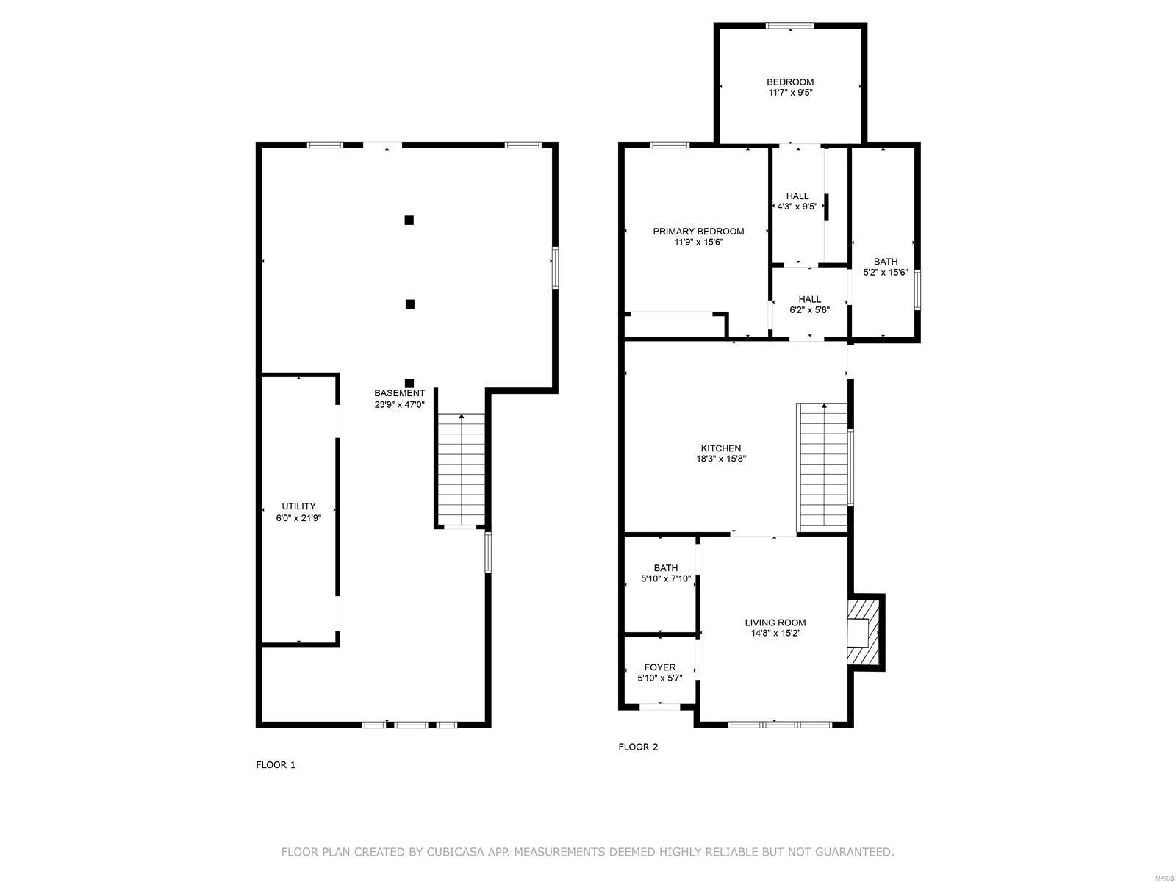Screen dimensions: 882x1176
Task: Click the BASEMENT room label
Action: pyautogui.click(x=399, y=393)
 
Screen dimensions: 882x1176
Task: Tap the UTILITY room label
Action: pyautogui.click(x=298, y=506)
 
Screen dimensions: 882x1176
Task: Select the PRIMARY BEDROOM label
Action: pyautogui.click(x=698, y=232)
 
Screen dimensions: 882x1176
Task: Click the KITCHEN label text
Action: pyautogui.click(x=720, y=448)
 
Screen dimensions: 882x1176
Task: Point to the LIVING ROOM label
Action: pyautogui.click(x=775, y=623)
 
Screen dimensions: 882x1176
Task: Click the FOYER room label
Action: pyautogui.click(x=659, y=667)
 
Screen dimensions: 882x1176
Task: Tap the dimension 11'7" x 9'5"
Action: pyautogui.click(x=790, y=93)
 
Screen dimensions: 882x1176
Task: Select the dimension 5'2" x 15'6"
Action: pyautogui.click(x=885, y=273)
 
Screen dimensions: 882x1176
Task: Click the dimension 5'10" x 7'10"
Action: pyautogui.click(x=665, y=579)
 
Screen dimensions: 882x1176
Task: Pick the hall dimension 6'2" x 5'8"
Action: pyautogui.click(x=809, y=310)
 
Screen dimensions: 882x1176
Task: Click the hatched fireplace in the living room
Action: pyautogui.click(x=864, y=633)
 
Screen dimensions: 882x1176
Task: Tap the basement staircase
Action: pyautogui.click(x=461, y=470)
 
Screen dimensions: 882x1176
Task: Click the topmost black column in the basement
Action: pyautogui.click(x=409, y=220)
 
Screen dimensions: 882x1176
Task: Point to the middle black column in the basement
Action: pyautogui.click(x=409, y=304)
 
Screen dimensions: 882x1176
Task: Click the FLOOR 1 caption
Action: pyautogui.click(x=276, y=765)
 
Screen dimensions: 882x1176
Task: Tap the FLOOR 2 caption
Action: pyautogui.click(x=638, y=747)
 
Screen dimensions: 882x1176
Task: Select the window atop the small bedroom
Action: pyautogui.click(x=790, y=26)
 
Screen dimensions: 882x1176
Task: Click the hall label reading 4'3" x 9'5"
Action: pyautogui.click(x=797, y=207)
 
